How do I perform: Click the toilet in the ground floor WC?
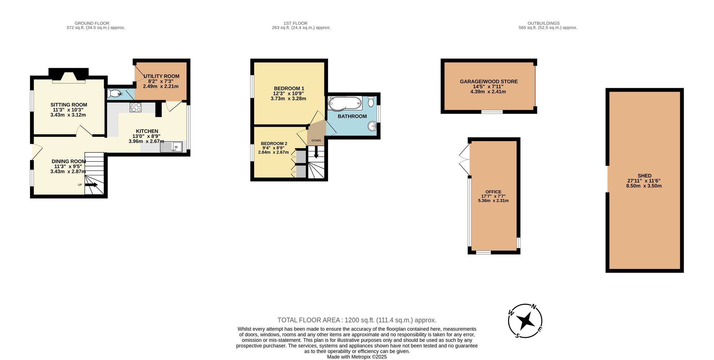coord(114,94)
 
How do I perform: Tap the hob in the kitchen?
coord(136,107)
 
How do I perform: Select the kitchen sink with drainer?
coord(171,147)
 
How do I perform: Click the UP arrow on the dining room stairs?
coord(91,185)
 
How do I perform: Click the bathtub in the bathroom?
coord(345,103)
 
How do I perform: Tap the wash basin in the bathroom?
coord(372,126)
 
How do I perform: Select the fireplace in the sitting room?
coord(69,76)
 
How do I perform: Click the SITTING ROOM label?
coord(69,105)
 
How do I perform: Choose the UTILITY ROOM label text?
coord(161,76)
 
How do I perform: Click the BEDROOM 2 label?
coord(274,144)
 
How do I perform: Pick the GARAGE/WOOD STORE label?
coord(488,81)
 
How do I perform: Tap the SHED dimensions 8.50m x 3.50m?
coord(644,186)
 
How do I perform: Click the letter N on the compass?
coord(534,306)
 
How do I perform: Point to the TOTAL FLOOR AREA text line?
coord(357,320)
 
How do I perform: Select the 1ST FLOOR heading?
coord(295,23)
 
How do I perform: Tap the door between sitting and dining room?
coord(84,131)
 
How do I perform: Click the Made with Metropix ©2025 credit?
coord(357,356)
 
